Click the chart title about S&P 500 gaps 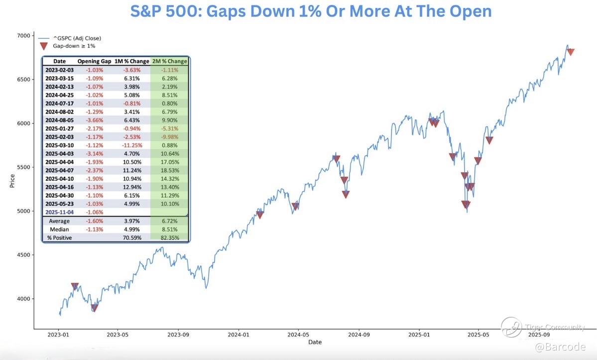[x=311, y=11]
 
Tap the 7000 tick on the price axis [x=23, y=36]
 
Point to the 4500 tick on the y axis [x=23, y=255]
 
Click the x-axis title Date [x=315, y=342]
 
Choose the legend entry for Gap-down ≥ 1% [x=74, y=46]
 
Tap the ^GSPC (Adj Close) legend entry [x=77, y=38]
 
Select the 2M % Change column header [x=170, y=61]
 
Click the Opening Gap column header [x=94, y=61]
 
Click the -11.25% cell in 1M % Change [x=132, y=145]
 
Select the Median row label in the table [x=59, y=230]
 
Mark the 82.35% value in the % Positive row [x=170, y=238]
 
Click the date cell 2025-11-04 [x=59, y=212]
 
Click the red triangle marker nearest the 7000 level [x=571, y=52]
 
